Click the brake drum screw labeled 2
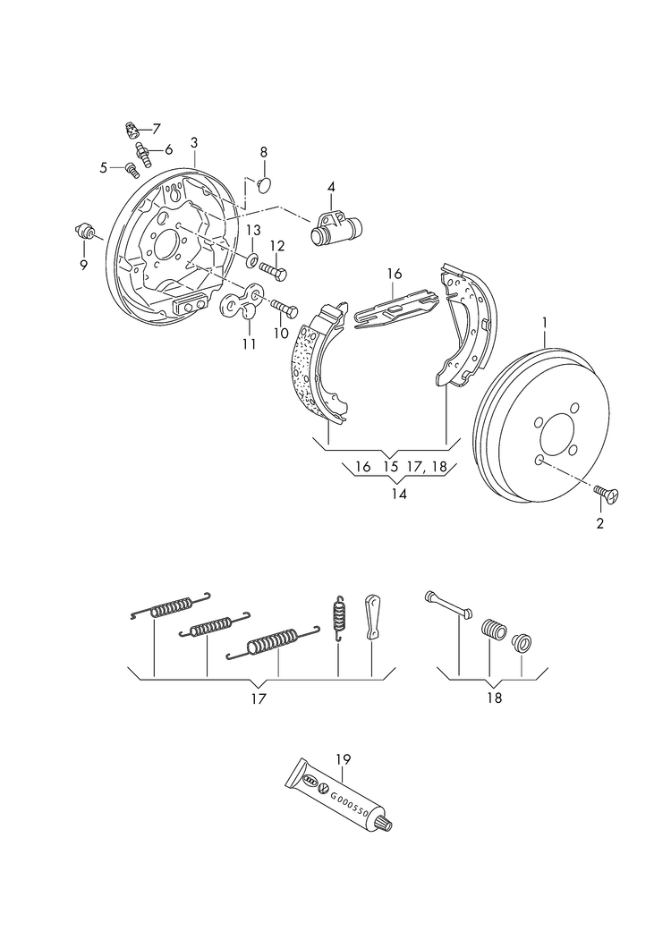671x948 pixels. point(611,492)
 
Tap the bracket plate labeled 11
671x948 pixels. point(243,303)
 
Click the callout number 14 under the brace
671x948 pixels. point(398,493)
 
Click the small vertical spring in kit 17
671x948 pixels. point(339,616)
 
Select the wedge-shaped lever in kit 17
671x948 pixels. point(372,614)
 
